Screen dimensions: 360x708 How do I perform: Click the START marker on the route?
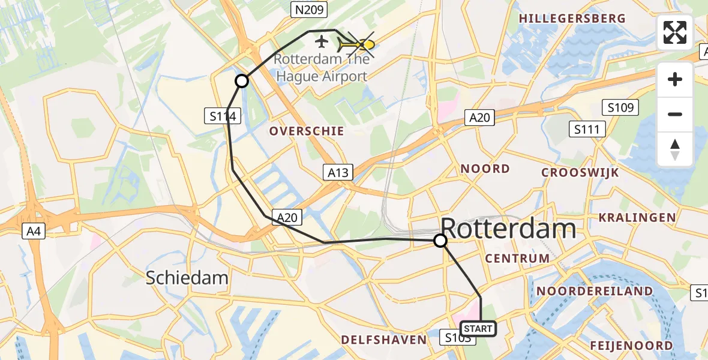478,328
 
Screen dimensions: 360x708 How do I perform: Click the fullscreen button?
675,32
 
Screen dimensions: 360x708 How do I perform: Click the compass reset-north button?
675,149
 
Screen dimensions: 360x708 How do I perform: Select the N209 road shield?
308,9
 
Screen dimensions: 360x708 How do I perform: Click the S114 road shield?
223,116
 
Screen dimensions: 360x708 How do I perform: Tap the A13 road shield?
337,172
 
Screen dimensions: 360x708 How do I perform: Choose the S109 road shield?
620,108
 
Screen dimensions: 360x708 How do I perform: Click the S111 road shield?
589,129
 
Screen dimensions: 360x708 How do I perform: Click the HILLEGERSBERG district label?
572,19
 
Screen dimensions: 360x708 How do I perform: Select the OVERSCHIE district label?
307,131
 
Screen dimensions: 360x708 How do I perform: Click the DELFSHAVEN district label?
383,340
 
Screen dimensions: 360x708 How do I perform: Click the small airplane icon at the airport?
322,42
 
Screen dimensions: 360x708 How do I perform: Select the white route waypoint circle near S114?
241,81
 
